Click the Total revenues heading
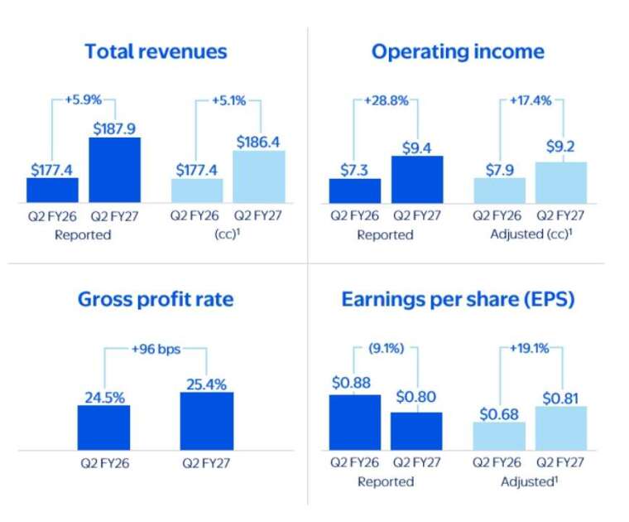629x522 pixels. tap(156, 52)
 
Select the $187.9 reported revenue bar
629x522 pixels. tap(115, 170)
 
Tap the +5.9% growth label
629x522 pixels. tap(84, 99)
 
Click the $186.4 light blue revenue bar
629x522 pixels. tap(259, 176)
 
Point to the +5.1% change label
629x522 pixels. tap(228, 100)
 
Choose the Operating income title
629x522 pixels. tap(458, 52)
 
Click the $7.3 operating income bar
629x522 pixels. tap(355, 191)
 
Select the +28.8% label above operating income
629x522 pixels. tap(386, 100)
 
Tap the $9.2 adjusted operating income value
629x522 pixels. tap(560, 147)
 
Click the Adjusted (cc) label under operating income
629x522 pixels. tap(531, 234)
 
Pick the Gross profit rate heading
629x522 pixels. tap(156, 300)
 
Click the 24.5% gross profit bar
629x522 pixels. tap(104, 428)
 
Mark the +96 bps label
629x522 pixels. tap(156, 349)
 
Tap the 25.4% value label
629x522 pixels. tap(207, 384)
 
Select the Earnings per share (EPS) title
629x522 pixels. tap(458, 300)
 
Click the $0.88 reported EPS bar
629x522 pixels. tap(355, 423)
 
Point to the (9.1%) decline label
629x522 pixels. tap(386, 348)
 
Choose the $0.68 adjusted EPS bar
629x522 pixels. tap(499, 436)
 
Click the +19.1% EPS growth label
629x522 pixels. tap(529, 348)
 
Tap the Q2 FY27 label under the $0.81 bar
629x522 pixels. tap(560, 462)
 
